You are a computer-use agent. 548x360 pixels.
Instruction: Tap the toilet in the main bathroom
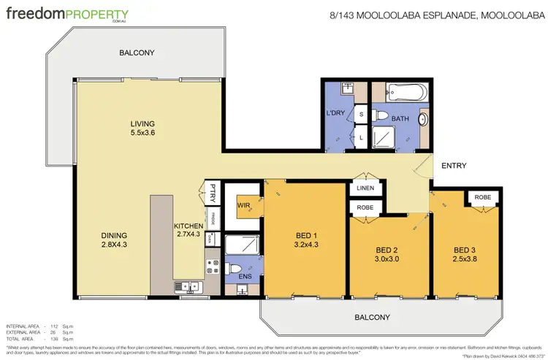[380, 115]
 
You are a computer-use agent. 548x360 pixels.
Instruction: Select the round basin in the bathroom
[424, 120]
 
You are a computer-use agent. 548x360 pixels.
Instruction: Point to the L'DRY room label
[335, 114]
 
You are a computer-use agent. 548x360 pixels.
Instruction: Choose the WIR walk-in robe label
[243, 206]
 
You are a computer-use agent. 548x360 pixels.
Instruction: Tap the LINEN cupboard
[365, 189]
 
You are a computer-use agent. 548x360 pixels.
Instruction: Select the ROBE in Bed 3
[482, 197]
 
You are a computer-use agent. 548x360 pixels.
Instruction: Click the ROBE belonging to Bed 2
[365, 208]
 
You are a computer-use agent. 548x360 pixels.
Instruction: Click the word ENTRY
[453, 166]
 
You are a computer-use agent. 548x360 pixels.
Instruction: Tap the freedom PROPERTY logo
[67, 15]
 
